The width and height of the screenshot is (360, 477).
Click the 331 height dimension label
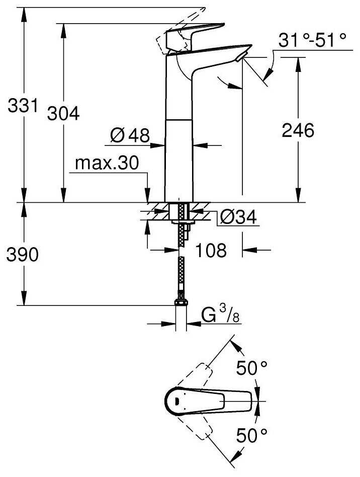pyautogui.click(x=23, y=106)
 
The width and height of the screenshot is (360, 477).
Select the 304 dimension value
pyautogui.click(x=63, y=113)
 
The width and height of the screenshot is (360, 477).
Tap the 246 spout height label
pyautogui.click(x=298, y=130)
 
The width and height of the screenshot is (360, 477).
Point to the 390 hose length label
pyautogui.click(x=23, y=254)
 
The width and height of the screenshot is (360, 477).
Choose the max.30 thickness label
pyautogui.click(x=107, y=163)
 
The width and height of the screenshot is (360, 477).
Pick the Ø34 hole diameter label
pyautogui.click(x=238, y=217)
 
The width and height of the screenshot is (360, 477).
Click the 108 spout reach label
pyautogui.click(x=211, y=250)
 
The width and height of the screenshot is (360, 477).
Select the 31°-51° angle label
pyautogui.click(x=312, y=40)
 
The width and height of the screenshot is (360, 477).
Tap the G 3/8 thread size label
pyautogui.click(x=220, y=315)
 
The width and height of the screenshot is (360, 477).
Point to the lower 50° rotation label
pyautogui.click(x=252, y=435)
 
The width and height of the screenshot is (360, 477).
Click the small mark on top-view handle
pyautogui.click(x=176, y=401)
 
